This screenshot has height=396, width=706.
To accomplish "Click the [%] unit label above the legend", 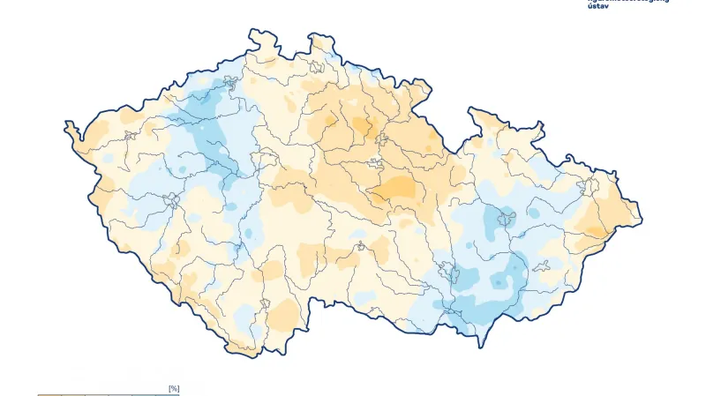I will [174, 388].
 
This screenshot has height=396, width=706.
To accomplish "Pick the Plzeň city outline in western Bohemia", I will [170, 200].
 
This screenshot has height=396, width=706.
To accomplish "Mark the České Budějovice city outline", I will [264, 304].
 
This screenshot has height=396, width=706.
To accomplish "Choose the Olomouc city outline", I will [506, 217].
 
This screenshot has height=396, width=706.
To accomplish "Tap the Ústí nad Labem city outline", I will [232, 85].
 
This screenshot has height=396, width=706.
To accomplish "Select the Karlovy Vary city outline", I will [130, 136].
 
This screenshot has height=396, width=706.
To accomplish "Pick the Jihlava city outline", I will [360, 248].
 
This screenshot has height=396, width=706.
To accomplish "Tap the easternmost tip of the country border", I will [642, 215].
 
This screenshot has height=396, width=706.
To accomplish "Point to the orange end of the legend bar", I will [44, 394].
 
